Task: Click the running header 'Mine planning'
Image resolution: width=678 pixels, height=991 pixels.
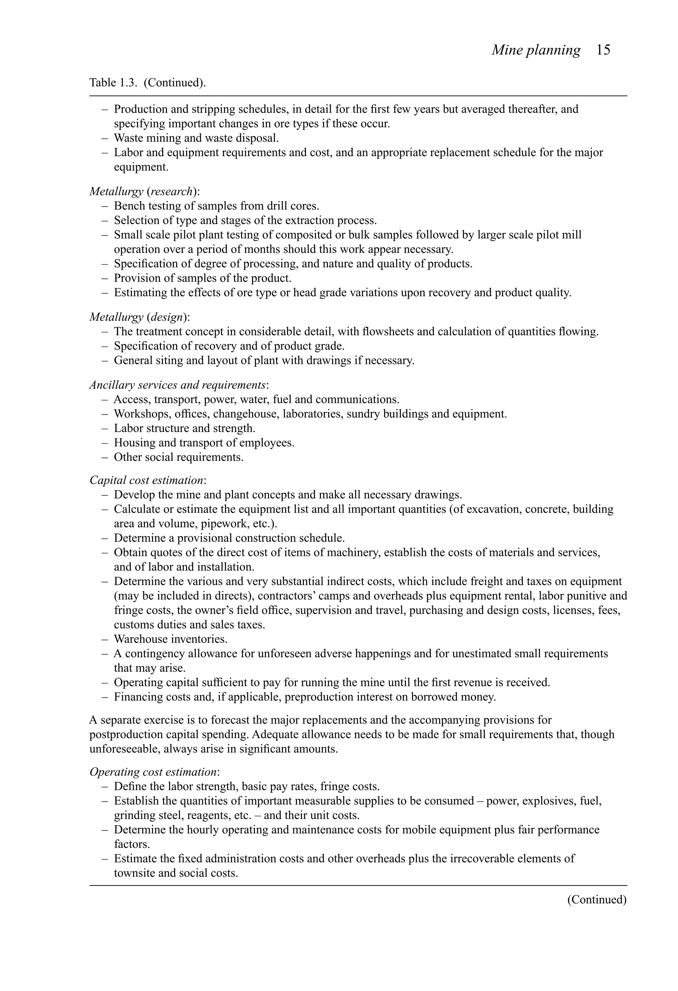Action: point(536,50)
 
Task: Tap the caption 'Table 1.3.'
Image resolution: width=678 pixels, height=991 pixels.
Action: point(114,82)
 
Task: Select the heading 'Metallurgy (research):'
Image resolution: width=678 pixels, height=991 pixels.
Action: point(144,191)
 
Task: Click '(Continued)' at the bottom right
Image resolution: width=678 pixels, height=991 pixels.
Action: point(596,899)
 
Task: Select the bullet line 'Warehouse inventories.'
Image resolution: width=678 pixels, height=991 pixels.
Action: point(170,639)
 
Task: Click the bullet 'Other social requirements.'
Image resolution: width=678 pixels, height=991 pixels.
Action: point(178,457)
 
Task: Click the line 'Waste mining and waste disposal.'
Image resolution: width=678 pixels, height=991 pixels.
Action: point(196,138)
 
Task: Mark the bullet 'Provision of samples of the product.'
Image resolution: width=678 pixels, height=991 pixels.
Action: point(203,278)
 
